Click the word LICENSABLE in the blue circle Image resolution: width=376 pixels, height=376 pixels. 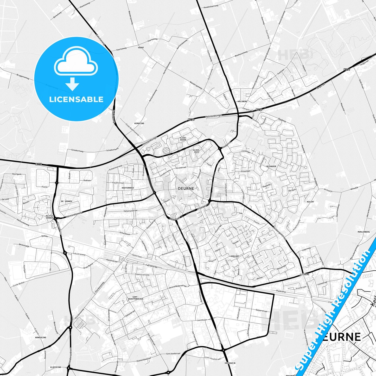[x=76, y=99]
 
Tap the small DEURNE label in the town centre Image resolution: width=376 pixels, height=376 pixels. [x=186, y=188]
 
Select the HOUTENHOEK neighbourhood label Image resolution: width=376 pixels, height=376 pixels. [x=128, y=188]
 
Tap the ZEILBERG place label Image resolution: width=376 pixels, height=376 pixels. [x=304, y=274]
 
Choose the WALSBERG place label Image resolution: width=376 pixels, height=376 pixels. [x=242, y=101]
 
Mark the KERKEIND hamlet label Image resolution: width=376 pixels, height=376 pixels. [x=139, y=123]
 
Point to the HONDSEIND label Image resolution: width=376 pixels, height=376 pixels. [x=40, y=337]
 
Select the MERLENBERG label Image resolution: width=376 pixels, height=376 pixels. [x=364, y=232]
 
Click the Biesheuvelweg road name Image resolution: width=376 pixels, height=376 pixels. [x=241, y=54]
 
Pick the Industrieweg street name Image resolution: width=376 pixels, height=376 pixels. [x=79, y=253]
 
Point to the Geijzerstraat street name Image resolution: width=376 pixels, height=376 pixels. [x=262, y=311]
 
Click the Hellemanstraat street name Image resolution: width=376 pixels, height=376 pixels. [x=130, y=211]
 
